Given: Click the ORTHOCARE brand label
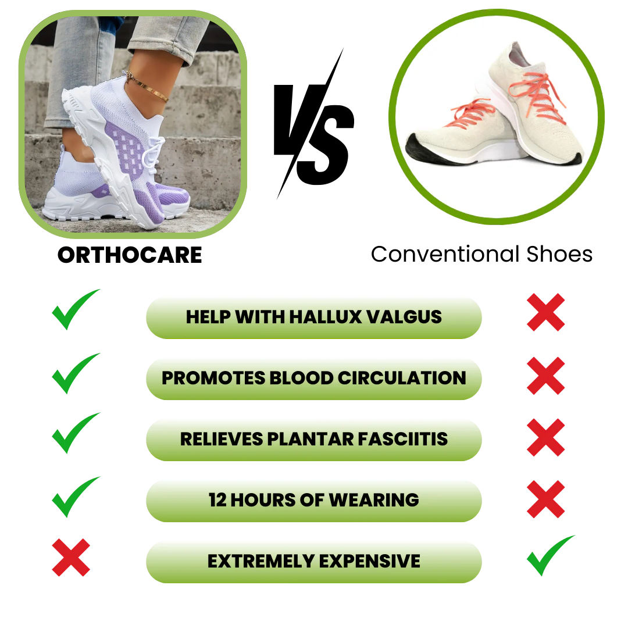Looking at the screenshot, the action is pyautogui.click(x=130, y=255).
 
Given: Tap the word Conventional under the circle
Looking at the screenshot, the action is pyautogui.click(x=445, y=254).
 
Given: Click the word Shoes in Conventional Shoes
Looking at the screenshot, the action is pyautogui.click(x=559, y=254).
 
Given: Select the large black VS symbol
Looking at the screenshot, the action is pyautogui.click(x=313, y=124).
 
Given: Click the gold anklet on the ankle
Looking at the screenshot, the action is pyautogui.click(x=147, y=85).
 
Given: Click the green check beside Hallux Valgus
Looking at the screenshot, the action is pyautogui.click(x=75, y=309).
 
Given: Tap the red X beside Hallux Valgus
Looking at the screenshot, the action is pyautogui.click(x=545, y=312).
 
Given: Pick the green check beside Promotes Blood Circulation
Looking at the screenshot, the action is pyautogui.click(x=75, y=373).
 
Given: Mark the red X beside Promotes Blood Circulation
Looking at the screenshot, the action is pyautogui.click(x=545, y=376).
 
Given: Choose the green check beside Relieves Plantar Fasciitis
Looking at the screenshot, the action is pyautogui.click(x=75, y=433).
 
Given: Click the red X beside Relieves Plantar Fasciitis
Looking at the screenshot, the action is pyautogui.click(x=545, y=437).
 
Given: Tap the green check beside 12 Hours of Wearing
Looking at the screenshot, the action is pyautogui.click(x=75, y=497).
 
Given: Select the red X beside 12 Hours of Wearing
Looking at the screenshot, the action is pyautogui.click(x=545, y=499).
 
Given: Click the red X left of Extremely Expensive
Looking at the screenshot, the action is pyautogui.click(x=71, y=557).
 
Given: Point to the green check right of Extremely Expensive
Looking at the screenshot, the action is pyautogui.click(x=550, y=555).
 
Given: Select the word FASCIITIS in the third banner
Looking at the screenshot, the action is pyautogui.click(x=402, y=439).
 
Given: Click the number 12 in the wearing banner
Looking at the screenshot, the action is pyautogui.click(x=217, y=500).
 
